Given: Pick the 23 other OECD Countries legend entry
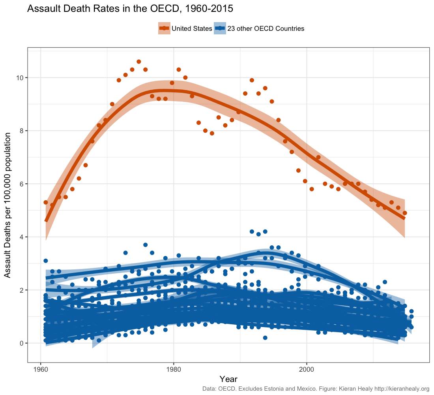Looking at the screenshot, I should [259, 28].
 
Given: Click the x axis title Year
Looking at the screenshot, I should [228, 379].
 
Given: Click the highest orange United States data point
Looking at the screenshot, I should [138, 62].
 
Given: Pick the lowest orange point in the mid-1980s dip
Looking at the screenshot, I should [212, 133].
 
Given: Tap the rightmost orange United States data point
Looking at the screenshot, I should [404, 213].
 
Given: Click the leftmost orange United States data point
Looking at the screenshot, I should [45, 202].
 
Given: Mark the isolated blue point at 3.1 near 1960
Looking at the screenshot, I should [45, 261].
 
